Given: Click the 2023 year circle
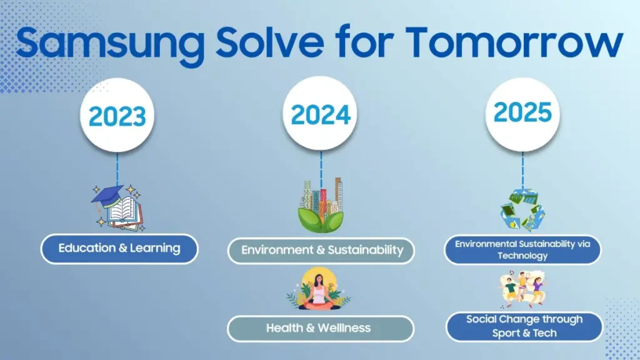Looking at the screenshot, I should pos(117,116).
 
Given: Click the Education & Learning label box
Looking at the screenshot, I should pos(119,249).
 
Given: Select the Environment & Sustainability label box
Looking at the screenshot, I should pos(322,251).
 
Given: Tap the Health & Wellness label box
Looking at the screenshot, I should pos(320,328).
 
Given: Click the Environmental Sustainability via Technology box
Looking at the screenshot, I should pos(522,249).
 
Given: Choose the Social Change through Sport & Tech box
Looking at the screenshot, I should pos(524,326).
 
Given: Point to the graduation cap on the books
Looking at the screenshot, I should pos(107,194).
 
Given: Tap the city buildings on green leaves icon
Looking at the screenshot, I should pos(321,204).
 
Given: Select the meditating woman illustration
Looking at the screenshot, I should pos(319,291).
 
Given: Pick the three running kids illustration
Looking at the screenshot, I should pos(524,289).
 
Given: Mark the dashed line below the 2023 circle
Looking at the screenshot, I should pos(117,167).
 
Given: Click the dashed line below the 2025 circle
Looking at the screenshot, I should pos(523,167).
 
